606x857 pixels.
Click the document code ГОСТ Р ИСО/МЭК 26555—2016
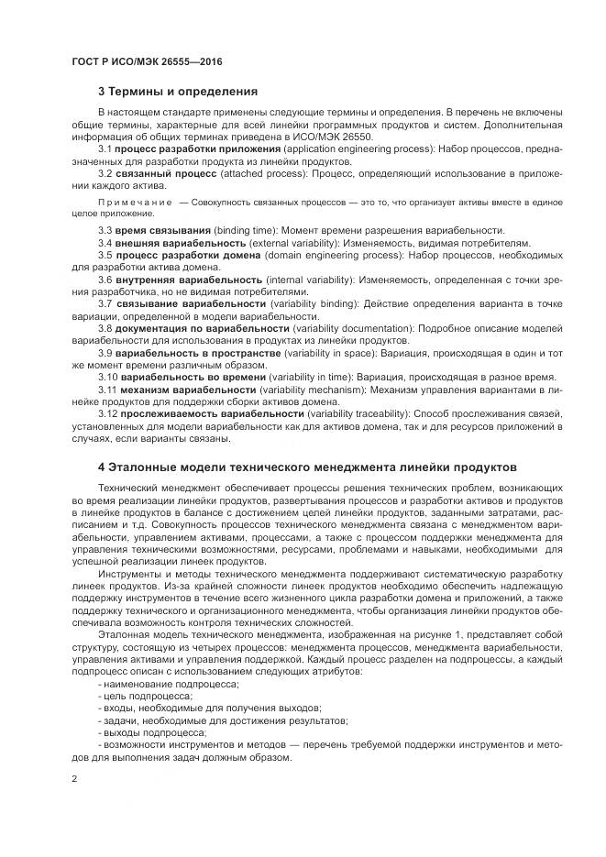pyautogui.click(x=147, y=61)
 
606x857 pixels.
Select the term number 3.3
pyautogui.click(x=105, y=229)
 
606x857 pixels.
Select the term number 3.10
pyautogui.click(x=107, y=377)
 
